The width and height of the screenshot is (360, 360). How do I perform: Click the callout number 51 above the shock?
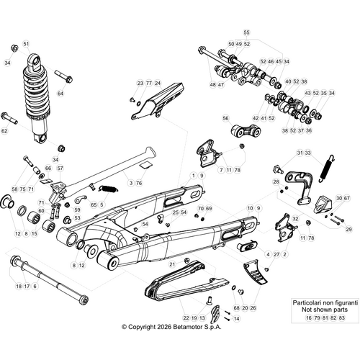pyautogui.click(x=27, y=44)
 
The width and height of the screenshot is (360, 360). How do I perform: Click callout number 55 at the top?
pyautogui.click(x=246, y=33)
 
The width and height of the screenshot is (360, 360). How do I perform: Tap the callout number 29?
pyautogui.click(x=348, y=229)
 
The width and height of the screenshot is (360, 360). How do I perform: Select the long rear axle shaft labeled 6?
pyautogui.click(x=47, y=276)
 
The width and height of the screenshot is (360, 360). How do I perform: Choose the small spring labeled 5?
pyautogui.click(x=108, y=189)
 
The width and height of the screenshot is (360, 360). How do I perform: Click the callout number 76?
pyautogui.click(x=139, y=183)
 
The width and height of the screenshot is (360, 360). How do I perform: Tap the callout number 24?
pyautogui.click(x=158, y=84)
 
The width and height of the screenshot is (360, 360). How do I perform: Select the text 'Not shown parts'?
pyautogui.click(x=320, y=308)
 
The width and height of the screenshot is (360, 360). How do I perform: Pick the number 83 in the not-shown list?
pyautogui.click(x=341, y=317)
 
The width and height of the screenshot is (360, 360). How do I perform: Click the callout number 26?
pyautogui.click(x=253, y=307)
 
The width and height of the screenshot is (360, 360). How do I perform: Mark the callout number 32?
pyautogui.click(x=295, y=218)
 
